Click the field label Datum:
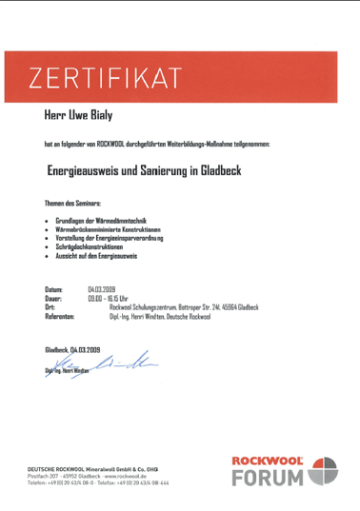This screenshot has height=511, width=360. coord(53,287)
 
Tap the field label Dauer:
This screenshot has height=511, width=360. coord(53,297)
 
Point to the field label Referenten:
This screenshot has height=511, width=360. coord(60,315)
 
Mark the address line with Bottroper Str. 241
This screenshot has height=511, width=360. coord(184,306)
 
